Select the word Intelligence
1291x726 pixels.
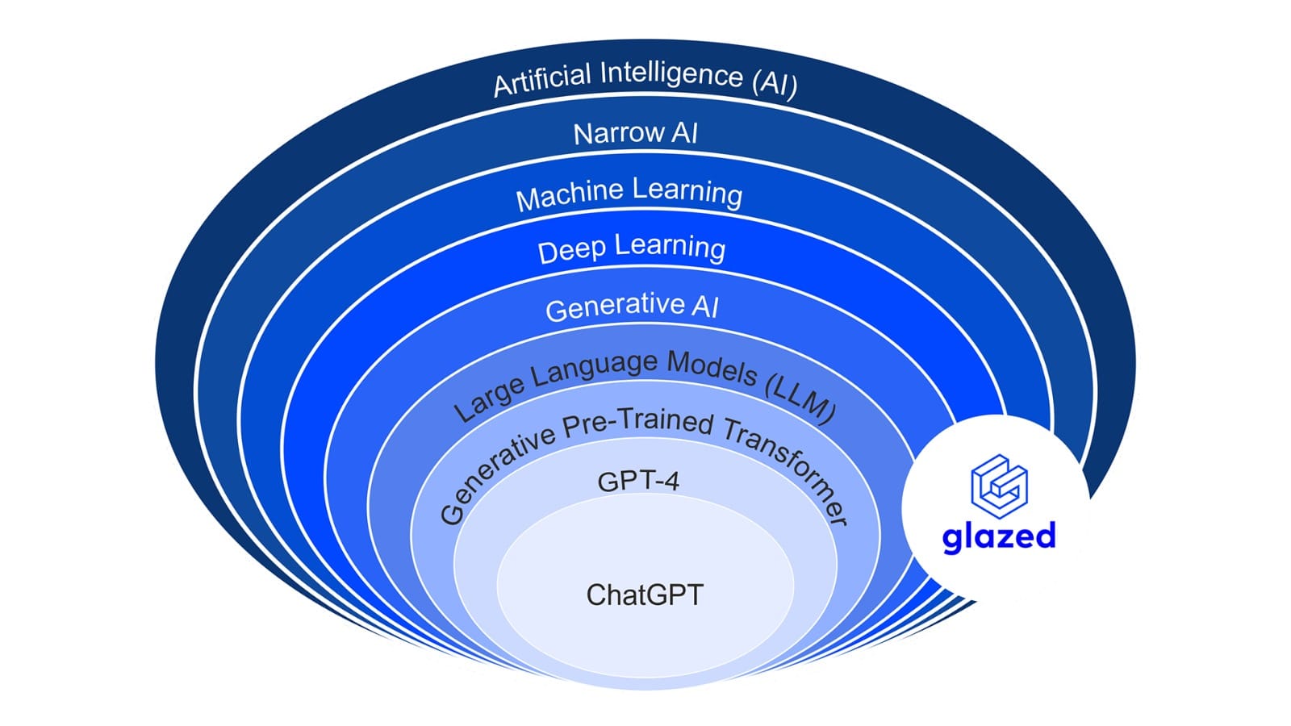tap(671, 73)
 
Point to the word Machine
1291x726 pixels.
tap(570, 194)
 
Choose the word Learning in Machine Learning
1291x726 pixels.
tap(687, 192)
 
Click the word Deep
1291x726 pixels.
tap(571, 251)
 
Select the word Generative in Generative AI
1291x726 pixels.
tap(614, 307)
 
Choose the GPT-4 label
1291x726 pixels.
tap(638, 482)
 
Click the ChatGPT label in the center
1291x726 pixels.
tap(645, 595)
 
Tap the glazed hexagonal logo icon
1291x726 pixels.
tap(999, 486)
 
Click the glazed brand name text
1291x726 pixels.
tap(999, 536)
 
